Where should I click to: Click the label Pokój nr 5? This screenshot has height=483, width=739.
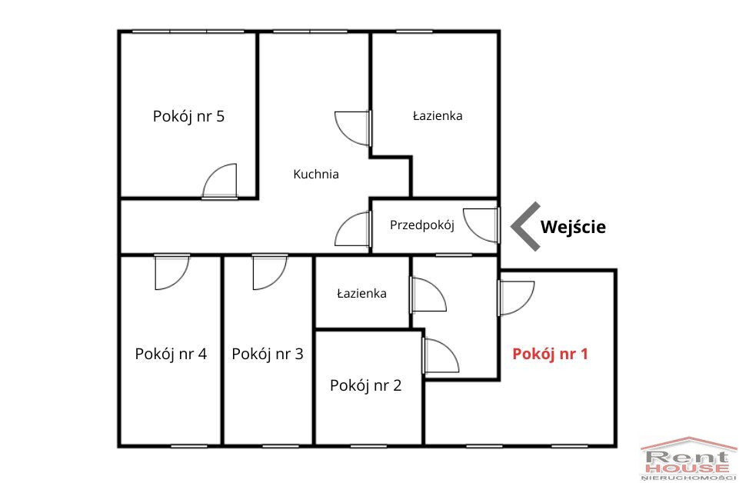click(x=188, y=116)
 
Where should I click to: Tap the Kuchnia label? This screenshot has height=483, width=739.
click(x=316, y=174)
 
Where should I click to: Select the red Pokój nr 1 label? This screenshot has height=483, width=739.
click(x=550, y=354)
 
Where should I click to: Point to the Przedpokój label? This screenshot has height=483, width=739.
click(x=422, y=225)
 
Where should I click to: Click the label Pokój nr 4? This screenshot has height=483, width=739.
click(x=171, y=354)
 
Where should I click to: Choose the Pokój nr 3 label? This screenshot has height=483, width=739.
click(x=268, y=354)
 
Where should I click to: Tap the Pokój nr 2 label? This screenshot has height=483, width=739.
click(x=365, y=385)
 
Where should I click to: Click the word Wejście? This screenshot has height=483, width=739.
click(x=573, y=227)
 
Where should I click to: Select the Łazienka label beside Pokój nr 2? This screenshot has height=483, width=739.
click(x=361, y=294)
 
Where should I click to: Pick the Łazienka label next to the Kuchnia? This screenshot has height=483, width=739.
click(x=438, y=116)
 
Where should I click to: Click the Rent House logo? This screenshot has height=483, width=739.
click(x=688, y=459)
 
